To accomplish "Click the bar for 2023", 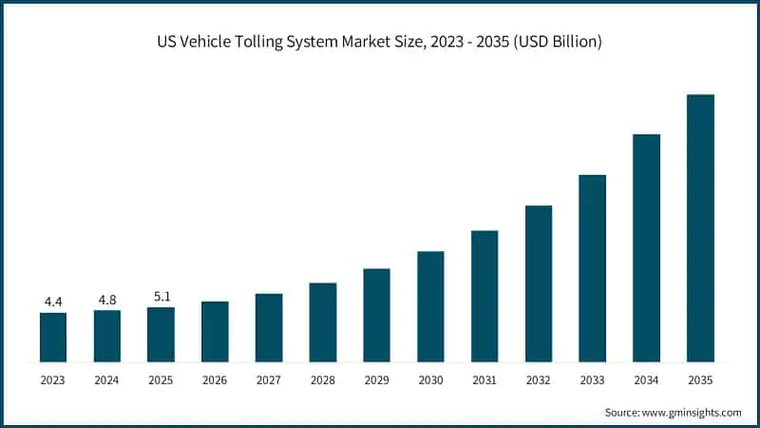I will click(53, 337).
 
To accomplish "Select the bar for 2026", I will click(215, 331).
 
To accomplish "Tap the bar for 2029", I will click(377, 315).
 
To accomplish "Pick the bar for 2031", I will click(484, 296).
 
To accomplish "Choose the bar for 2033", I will click(592, 268).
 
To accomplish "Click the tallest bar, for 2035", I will click(700, 228).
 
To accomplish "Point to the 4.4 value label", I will click(53, 302).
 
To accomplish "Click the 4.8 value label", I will click(107, 299).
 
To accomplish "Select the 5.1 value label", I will click(161, 296).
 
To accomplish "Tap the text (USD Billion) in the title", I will click(556, 42).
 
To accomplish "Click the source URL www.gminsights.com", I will click(689, 412).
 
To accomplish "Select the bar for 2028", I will click(323, 322).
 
